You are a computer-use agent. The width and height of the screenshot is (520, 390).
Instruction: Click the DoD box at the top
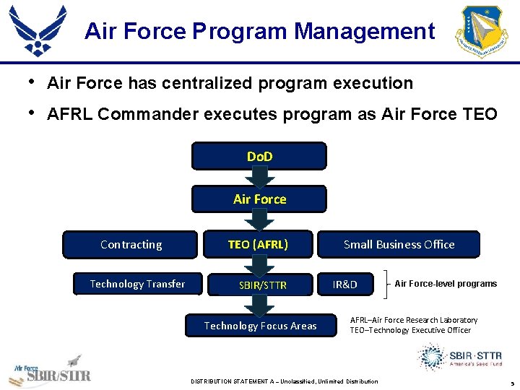point(259,156)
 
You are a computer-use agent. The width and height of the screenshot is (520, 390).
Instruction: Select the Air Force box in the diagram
point(259,199)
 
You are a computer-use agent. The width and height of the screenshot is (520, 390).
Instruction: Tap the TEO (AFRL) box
point(258,244)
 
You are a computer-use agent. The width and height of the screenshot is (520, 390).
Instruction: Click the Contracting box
point(131,244)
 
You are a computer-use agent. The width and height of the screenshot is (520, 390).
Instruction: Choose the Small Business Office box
point(399,244)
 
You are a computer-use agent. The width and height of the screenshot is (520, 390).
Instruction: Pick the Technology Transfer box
point(136,284)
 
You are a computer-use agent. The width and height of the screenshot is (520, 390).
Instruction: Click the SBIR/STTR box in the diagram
point(262,285)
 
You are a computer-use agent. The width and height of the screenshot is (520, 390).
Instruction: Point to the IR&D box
point(344,284)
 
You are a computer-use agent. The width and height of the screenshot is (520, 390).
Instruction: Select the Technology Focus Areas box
point(260,326)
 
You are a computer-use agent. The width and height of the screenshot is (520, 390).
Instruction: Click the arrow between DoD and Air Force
point(259,178)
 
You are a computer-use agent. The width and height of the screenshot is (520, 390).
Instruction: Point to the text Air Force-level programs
point(446,284)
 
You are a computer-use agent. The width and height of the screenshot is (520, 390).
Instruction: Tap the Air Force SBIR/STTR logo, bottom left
point(49,372)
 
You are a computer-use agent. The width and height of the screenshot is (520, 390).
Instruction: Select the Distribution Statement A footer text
point(284,381)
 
